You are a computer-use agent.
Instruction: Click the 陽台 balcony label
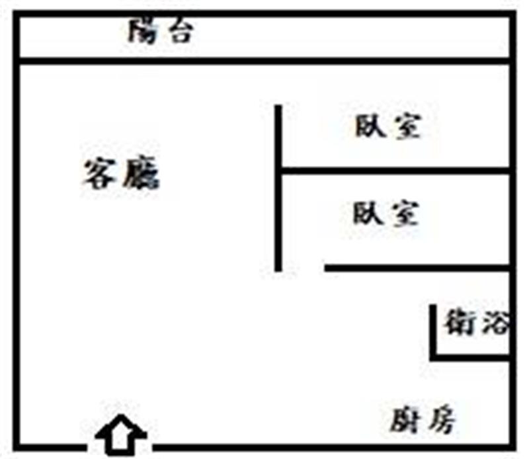pyautogui.click(x=161, y=31)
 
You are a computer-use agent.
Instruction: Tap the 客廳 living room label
pyautogui.click(x=121, y=172)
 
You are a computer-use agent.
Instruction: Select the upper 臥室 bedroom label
pyautogui.click(x=388, y=126)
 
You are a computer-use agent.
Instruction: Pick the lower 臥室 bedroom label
pyautogui.click(x=386, y=213)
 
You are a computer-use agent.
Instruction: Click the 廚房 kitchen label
pyautogui.click(x=423, y=419)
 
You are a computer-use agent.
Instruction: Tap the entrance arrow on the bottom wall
pyautogui.click(x=121, y=435)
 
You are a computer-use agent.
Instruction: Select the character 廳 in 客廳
pyautogui.click(x=141, y=172)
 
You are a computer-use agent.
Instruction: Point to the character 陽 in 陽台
pyautogui.click(x=143, y=31)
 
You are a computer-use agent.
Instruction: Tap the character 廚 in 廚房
pyautogui.click(x=405, y=420)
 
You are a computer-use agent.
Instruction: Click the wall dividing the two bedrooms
pyautogui.click(x=395, y=171)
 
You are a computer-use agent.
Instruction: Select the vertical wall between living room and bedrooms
pyautogui.click(x=278, y=188)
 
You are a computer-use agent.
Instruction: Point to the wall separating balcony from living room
pyautogui.click(x=264, y=62)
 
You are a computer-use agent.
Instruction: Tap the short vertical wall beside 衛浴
pyautogui.click(x=433, y=333)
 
